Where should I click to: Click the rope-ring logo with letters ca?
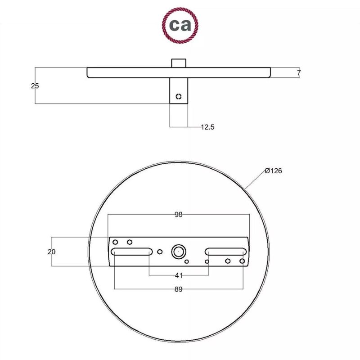(x=180, y=25)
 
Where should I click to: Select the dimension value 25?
(x=35, y=86)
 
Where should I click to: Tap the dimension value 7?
(x=299, y=73)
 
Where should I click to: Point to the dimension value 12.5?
(x=207, y=127)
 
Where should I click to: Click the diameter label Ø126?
(x=273, y=171)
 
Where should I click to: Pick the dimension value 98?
(x=178, y=215)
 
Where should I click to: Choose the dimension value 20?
(x=51, y=252)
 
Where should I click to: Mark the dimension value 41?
(x=179, y=275)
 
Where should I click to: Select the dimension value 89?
(x=178, y=289)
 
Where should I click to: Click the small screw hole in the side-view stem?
(x=179, y=96)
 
